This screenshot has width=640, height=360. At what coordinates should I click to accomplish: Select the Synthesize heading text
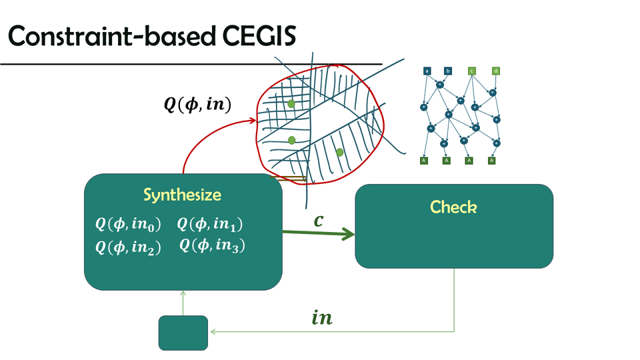pos(182,195)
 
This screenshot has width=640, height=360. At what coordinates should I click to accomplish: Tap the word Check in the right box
pos(453,207)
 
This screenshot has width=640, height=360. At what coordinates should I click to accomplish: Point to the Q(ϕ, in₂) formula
pos(129,247)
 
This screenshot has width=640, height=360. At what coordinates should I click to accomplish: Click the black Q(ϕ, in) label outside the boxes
pos(198,105)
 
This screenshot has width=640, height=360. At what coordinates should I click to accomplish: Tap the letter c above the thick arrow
pos(319,219)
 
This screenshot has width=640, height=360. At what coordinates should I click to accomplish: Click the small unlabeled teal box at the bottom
pos(183,333)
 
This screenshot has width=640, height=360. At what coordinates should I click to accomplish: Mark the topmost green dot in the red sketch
pos(291,105)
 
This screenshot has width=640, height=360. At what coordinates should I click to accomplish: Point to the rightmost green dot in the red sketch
pos(340,153)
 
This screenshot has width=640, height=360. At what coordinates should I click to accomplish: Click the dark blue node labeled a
pos(427,71)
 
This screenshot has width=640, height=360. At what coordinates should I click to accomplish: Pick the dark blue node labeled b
pos(448,71)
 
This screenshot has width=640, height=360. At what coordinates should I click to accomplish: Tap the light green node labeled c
pos(472,71)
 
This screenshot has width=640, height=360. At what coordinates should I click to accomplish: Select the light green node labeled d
pos(495,71)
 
